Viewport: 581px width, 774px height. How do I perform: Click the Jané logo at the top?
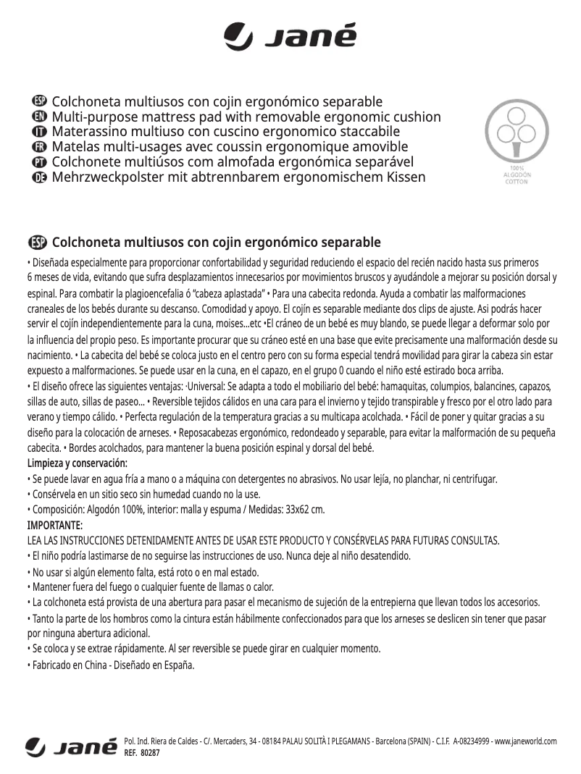pyautogui.click(x=290, y=35)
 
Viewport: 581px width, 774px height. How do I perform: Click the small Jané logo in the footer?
pyautogui.click(x=71, y=746)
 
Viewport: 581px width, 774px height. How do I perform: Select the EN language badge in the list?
pyautogui.click(x=41, y=117)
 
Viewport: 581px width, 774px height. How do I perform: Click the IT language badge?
pyautogui.click(x=41, y=132)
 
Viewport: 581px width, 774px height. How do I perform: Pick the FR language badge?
pyautogui.click(x=41, y=148)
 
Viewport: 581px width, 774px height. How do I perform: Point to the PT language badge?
pyautogui.click(x=41, y=162)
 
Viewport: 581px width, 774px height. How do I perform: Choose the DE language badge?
pyautogui.click(x=41, y=177)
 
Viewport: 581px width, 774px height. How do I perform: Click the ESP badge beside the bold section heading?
pyautogui.click(x=37, y=242)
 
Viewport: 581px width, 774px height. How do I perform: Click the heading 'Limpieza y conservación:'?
pyautogui.click(x=77, y=463)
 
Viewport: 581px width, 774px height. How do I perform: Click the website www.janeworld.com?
pyautogui.click(x=525, y=741)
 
